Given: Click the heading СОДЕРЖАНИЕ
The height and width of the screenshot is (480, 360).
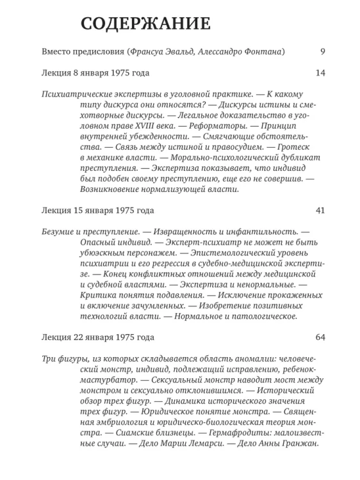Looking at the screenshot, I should coord(145,25).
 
